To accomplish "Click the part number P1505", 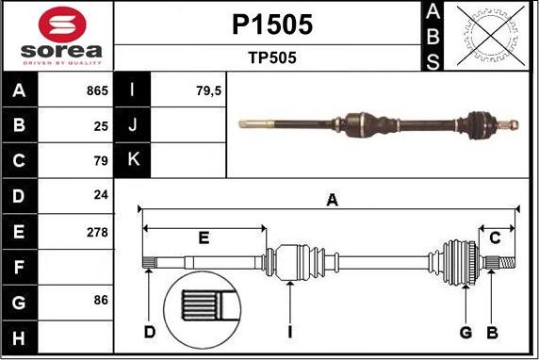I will (271, 24).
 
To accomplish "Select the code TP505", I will (271, 57).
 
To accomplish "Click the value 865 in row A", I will (96, 91).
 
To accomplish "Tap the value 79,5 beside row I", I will (182, 91).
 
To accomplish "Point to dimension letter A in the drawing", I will (332, 199).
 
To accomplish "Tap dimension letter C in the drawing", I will (494, 237).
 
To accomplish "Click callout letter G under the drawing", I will (465, 332).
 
